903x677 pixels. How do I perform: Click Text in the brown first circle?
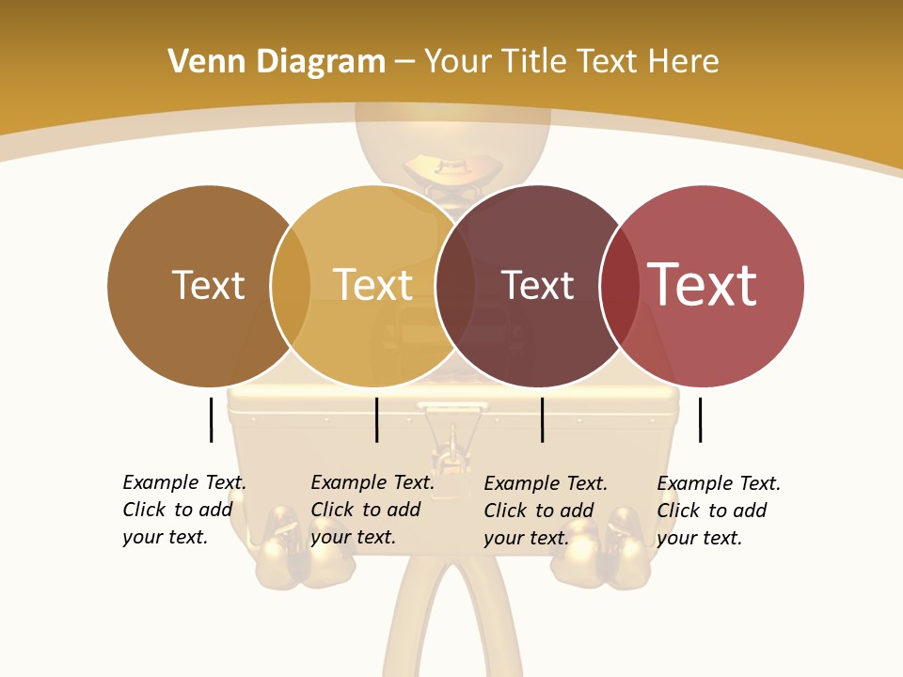pos(208,285)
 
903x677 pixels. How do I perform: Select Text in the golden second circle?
pos(372,285)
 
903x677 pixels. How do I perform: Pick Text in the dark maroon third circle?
pos(537,285)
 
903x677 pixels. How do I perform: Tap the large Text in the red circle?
pos(702,285)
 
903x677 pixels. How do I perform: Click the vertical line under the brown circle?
pos(211,419)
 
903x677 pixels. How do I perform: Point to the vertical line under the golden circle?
pos(376,419)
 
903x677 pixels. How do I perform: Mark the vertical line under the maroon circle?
pos(542,419)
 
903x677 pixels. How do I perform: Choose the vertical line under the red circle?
pos(700,419)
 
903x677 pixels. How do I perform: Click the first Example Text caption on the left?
pos(184,510)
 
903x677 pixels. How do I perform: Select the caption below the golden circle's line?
pos(372,510)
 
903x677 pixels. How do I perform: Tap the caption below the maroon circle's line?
pos(546,511)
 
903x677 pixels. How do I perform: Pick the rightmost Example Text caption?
pos(719,511)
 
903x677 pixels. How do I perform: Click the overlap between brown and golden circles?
pos(291,285)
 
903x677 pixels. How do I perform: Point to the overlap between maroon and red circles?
pos(619,285)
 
